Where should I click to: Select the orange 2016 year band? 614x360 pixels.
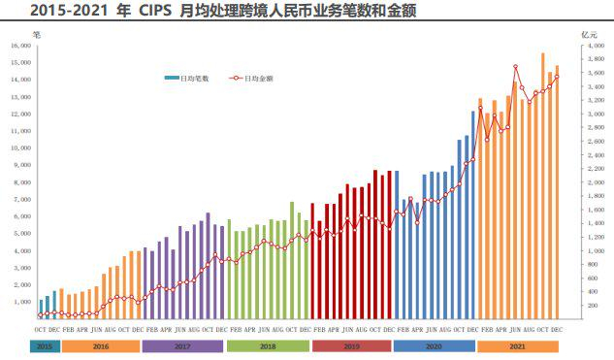click(x=100, y=345)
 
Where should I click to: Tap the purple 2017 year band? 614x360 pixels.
click(x=183, y=345)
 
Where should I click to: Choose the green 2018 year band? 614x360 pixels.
click(x=268, y=345)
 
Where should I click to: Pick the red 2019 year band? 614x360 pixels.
click(x=351, y=345)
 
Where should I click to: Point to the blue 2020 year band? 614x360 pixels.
click(x=435, y=345)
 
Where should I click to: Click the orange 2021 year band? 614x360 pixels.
click(x=518, y=345)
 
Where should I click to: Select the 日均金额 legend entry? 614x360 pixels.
click(x=254, y=78)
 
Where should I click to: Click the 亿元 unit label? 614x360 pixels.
click(x=589, y=34)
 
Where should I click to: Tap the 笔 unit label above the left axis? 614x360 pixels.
click(x=36, y=34)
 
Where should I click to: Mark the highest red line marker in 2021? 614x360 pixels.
click(x=516, y=67)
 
